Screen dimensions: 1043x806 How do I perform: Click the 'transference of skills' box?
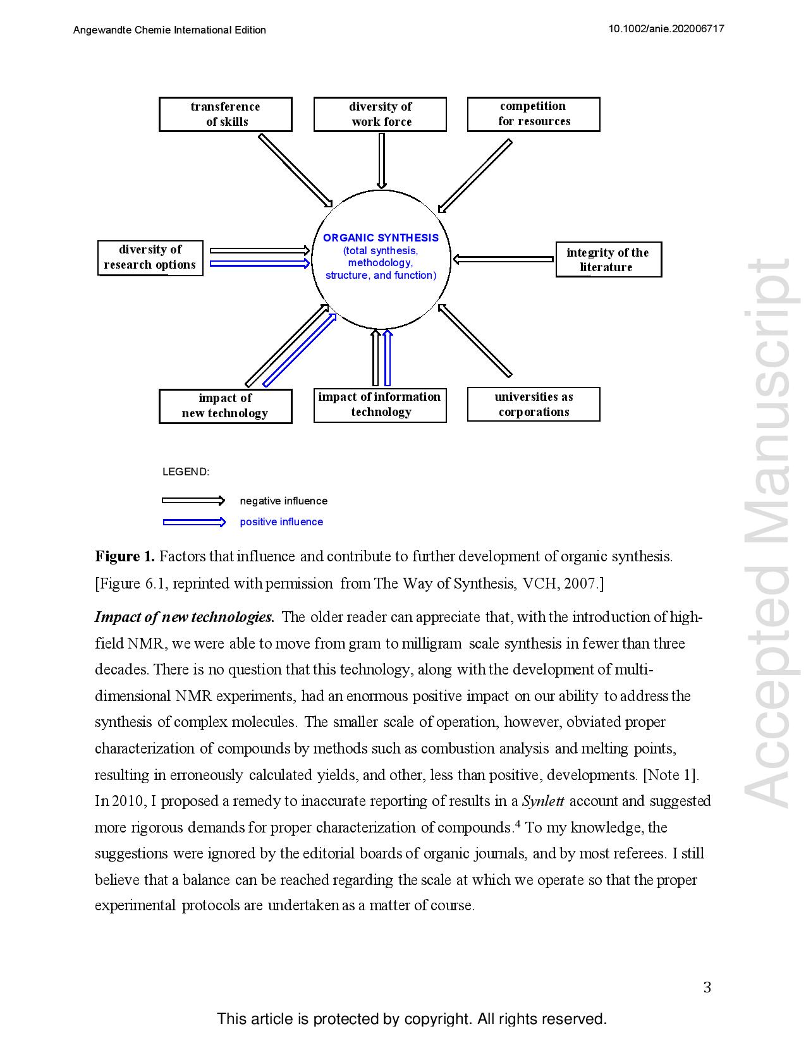(x=225, y=114)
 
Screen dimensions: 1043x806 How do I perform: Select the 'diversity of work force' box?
(x=380, y=114)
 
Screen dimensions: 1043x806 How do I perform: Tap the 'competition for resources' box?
(x=534, y=114)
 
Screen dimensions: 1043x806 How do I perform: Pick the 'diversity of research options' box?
(x=150, y=258)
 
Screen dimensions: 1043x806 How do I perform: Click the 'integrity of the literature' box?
(x=608, y=260)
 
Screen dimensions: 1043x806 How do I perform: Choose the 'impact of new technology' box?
(x=225, y=406)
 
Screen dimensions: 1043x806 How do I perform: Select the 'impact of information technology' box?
(x=380, y=405)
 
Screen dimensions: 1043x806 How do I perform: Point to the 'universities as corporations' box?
(x=534, y=405)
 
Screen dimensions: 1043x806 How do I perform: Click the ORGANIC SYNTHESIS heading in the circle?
(x=381, y=238)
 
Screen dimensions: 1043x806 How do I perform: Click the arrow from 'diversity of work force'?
(x=382, y=161)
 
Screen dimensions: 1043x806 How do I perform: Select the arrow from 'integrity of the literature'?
(x=504, y=259)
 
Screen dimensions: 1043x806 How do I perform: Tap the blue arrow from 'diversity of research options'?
(x=259, y=264)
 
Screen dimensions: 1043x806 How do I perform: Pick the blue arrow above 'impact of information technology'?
(x=388, y=358)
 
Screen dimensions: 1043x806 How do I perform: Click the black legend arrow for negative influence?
(x=193, y=501)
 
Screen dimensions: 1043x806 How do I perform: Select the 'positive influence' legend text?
(x=281, y=522)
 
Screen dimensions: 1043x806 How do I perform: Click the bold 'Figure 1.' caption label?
(x=125, y=557)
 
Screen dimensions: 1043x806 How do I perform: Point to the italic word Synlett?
(x=543, y=802)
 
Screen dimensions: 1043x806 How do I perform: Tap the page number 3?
(x=707, y=987)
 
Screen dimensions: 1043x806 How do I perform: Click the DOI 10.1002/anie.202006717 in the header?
(x=666, y=29)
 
